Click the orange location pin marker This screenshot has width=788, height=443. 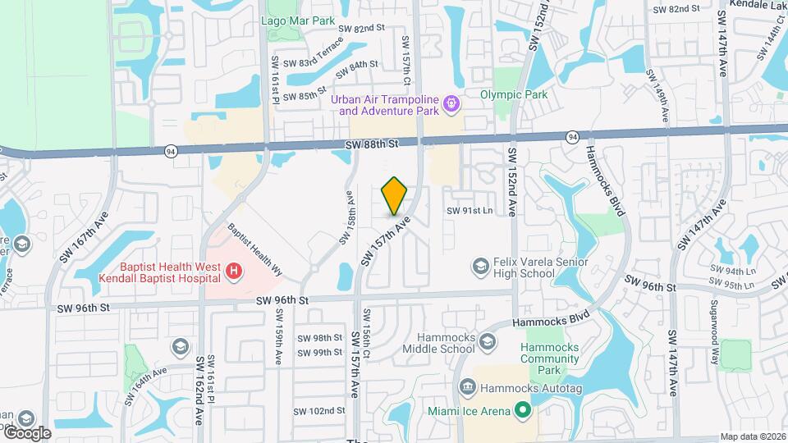pyautogui.click(x=395, y=196)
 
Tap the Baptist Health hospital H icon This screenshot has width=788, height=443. pyautogui.click(x=234, y=270)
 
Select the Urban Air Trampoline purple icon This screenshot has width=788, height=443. pyautogui.click(x=450, y=104)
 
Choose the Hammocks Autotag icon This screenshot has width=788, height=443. pyautogui.click(x=467, y=386)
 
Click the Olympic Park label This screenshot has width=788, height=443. pyautogui.click(x=514, y=94)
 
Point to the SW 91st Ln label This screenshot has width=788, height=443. pyautogui.click(x=469, y=211)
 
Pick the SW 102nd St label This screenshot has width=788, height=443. pyautogui.click(x=321, y=411)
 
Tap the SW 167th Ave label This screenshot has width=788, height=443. pyautogui.click(x=84, y=238)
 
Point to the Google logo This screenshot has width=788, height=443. pyautogui.click(x=27, y=432)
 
